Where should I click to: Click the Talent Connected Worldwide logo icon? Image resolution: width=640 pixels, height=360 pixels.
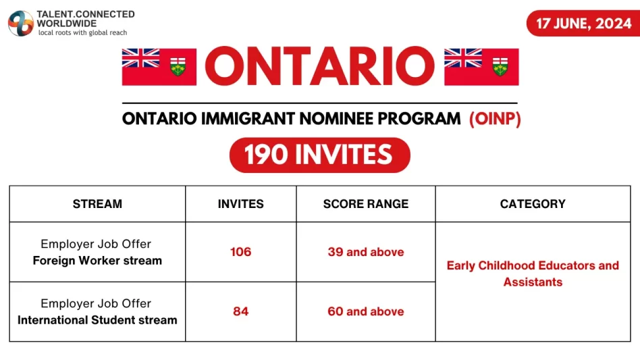(x=21, y=23)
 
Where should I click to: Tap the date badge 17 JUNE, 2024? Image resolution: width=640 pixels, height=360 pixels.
(x=584, y=23)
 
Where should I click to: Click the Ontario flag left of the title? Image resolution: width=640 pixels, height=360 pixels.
(x=159, y=67)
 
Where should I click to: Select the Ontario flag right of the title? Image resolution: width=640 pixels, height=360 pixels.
(x=481, y=67)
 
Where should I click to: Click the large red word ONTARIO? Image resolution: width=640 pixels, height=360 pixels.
(x=320, y=66)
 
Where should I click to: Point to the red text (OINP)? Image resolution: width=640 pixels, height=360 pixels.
(x=495, y=119)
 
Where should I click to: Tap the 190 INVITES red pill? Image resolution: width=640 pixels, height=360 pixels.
(x=319, y=155)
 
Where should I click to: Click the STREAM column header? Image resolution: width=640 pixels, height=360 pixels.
(x=97, y=204)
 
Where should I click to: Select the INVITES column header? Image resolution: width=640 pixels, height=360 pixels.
(x=241, y=204)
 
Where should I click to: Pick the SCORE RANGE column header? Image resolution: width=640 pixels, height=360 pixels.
(x=366, y=204)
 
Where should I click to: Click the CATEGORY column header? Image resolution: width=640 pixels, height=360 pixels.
(x=533, y=204)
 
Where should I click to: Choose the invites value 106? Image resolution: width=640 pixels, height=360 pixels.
(x=241, y=252)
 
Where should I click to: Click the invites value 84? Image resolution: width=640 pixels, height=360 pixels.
(x=241, y=311)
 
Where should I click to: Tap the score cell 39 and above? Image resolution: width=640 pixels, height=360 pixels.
(x=366, y=252)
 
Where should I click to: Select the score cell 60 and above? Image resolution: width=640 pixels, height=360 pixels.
(x=366, y=311)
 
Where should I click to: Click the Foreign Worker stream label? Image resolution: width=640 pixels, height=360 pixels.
(x=97, y=261)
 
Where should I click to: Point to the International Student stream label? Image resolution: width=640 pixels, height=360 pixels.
(x=97, y=320)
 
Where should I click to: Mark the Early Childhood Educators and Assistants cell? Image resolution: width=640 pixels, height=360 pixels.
(x=533, y=274)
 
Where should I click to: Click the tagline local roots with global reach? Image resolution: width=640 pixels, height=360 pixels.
(x=83, y=32)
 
